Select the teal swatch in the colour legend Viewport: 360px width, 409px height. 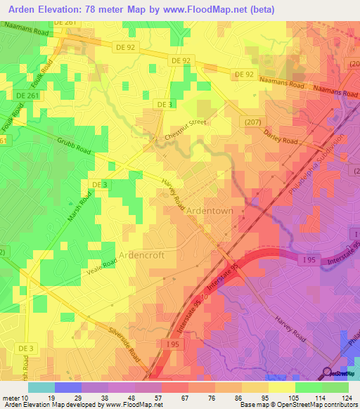click(41, 387)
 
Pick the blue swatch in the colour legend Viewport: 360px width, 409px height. click(67, 387)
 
